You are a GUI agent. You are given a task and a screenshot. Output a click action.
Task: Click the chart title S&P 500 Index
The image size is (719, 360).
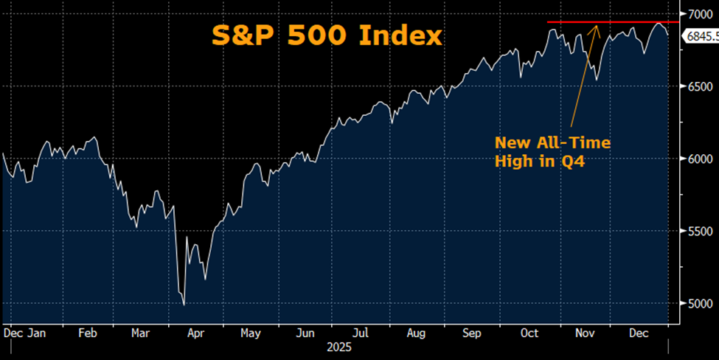pyautogui.click(x=327, y=35)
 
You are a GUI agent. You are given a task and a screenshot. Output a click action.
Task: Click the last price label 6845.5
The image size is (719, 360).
pyautogui.click(x=701, y=36)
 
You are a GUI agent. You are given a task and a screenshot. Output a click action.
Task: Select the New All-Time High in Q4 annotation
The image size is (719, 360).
pyautogui.click(x=553, y=152)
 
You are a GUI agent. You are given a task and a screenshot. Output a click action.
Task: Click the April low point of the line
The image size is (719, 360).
pyautogui.click(x=183, y=304)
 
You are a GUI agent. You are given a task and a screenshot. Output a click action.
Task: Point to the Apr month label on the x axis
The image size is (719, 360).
pyautogui.click(x=195, y=333)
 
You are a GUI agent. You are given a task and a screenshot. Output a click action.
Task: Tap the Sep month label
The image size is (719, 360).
pyautogui.click(x=471, y=333)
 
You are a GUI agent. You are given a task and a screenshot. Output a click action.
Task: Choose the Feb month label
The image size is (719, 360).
pyautogui.click(x=88, y=333)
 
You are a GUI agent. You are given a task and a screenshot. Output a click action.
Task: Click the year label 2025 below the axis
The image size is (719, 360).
pyautogui.click(x=338, y=347)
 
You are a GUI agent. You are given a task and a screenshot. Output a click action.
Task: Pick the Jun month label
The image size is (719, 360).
pyautogui.click(x=305, y=333)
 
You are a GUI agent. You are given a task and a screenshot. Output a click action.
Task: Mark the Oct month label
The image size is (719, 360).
pyautogui.click(x=529, y=333)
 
